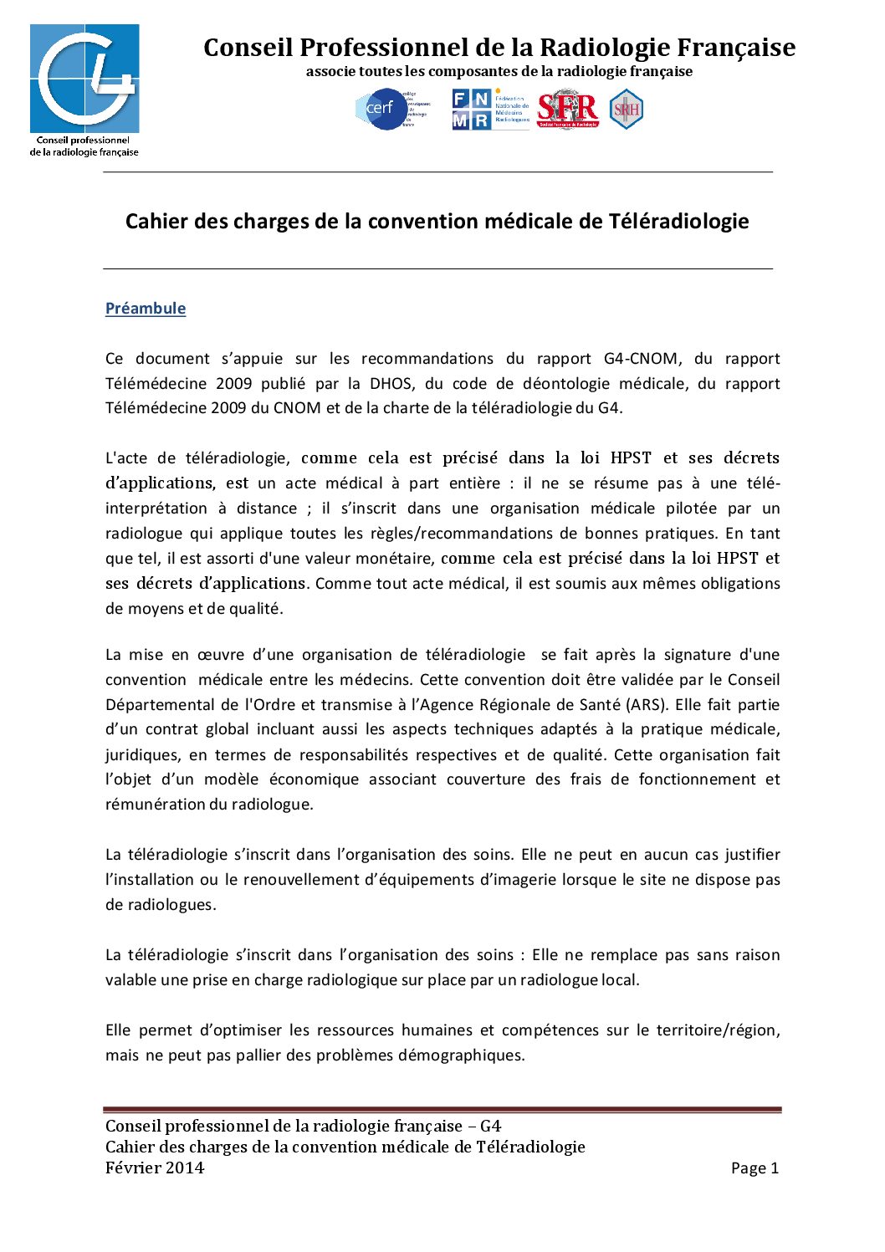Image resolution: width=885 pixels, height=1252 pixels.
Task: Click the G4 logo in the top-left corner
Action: pyautogui.click(x=84, y=79)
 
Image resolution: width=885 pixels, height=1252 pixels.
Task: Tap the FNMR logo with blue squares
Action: pyautogui.click(x=471, y=110)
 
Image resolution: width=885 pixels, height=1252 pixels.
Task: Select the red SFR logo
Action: pyautogui.click(x=568, y=109)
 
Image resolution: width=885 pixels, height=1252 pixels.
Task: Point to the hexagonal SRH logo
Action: pyautogui.click(x=626, y=110)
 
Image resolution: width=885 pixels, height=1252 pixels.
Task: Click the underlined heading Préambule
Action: pyautogui.click(x=146, y=309)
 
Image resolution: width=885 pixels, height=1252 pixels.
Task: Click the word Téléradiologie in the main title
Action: pyautogui.click(x=678, y=222)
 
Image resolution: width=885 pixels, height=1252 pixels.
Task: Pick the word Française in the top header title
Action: pyautogui.click(x=736, y=48)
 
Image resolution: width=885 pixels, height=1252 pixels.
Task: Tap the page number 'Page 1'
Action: pyautogui.click(x=755, y=1168)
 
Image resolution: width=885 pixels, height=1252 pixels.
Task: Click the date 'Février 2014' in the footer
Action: pyautogui.click(x=155, y=1168)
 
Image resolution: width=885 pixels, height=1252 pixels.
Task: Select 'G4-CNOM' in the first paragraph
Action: pyautogui.click(x=641, y=359)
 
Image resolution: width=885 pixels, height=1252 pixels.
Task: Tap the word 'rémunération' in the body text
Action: pyautogui.click(x=155, y=805)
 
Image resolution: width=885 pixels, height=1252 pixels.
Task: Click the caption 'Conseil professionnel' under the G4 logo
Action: pyautogui.click(x=83, y=141)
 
